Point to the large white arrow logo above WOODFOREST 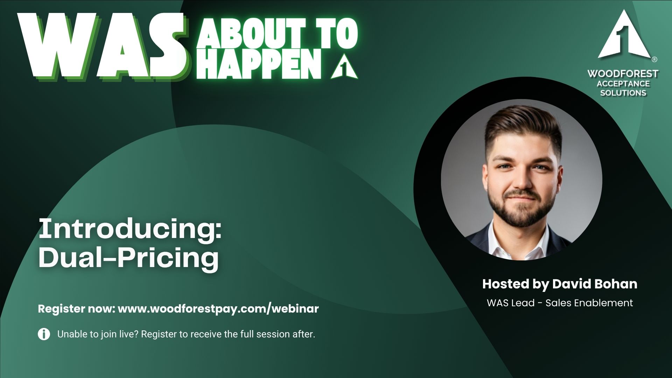[x=623, y=37]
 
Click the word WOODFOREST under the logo [x=623, y=74]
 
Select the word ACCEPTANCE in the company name [x=623, y=84]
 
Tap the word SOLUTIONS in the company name [x=623, y=93]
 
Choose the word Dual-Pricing [x=129, y=258]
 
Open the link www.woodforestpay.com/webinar [x=218, y=309]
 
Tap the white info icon [x=44, y=334]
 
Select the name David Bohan [x=595, y=283]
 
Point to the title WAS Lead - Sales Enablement [x=560, y=303]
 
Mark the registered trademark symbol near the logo [x=654, y=59]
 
